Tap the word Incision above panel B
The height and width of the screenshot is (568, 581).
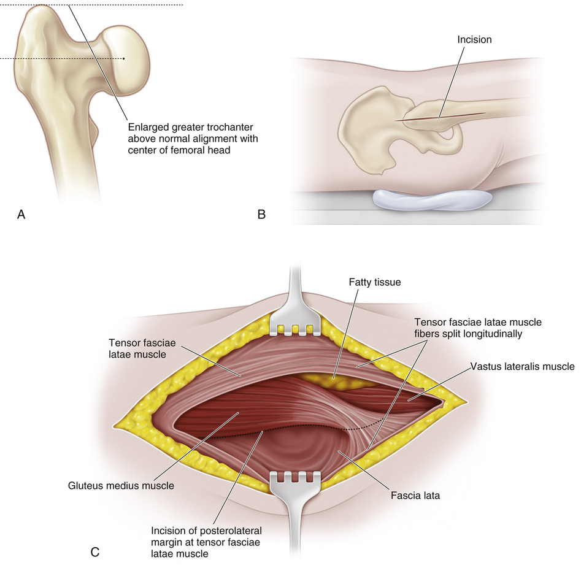click(x=474, y=40)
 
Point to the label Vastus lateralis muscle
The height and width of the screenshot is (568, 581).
click(x=523, y=366)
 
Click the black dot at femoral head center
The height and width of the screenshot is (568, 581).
click(x=124, y=59)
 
